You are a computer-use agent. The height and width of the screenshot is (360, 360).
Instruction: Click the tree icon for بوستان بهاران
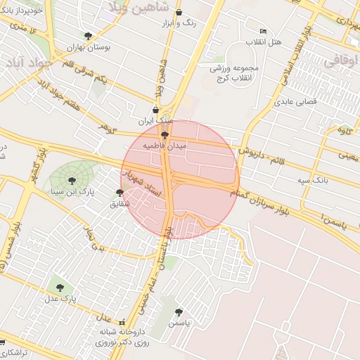[x=88, y=36]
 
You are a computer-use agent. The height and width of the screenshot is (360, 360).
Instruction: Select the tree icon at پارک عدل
[x=60, y=288]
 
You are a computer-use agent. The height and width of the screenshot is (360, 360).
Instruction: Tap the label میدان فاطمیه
[x=165, y=146]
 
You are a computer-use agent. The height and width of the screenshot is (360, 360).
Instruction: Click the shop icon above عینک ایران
[x=165, y=110]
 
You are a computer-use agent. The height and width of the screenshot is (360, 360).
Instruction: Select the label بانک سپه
[x=312, y=181]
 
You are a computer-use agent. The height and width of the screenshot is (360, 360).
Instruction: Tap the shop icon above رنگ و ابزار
[x=179, y=13]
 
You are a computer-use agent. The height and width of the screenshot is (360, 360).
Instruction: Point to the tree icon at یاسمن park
[x=179, y=311]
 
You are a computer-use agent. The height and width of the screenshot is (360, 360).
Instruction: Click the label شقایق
[x=120, y=204]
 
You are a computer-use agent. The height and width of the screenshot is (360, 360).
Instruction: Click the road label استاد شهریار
[x=143, y=181]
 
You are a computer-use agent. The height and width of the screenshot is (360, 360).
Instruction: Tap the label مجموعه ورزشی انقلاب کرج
[x=235, y=72]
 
